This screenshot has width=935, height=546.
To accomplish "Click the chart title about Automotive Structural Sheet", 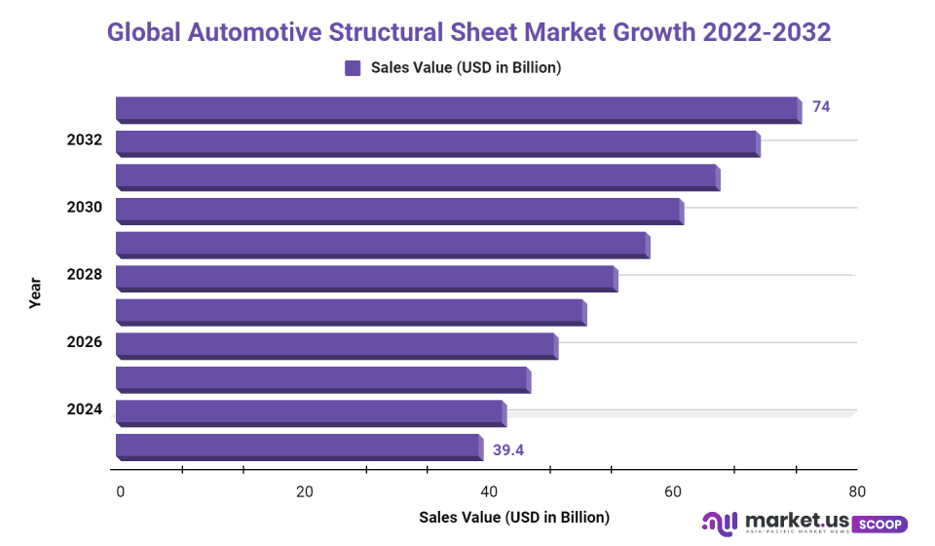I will pos(468,32).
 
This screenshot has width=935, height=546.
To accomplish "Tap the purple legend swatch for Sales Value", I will pos(353,67).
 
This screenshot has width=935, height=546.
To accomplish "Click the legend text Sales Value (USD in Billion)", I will pos(466,67).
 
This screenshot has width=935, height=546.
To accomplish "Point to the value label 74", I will pos(821,107).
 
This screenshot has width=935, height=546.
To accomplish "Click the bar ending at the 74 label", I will pos(458,108).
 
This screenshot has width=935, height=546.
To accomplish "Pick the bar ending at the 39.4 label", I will pos(298,447).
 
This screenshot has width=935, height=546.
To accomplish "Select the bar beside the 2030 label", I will pos(399,210).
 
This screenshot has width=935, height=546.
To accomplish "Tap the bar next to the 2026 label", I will pos(336,344).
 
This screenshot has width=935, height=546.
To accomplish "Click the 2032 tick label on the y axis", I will pos(85,140).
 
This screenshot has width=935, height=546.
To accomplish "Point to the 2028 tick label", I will pos(85,275).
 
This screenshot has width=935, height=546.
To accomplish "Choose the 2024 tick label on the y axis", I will pos(85,409).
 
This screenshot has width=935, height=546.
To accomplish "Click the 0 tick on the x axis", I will pos(120,491).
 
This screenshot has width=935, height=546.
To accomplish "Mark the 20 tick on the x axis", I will pos(304,491).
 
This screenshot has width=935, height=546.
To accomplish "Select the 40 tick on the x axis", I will pos(489,491).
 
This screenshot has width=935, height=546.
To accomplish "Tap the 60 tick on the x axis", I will pos(673,491).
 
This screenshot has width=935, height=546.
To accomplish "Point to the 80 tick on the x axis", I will pos(856,491).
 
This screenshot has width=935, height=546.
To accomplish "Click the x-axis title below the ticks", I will pos(513,517).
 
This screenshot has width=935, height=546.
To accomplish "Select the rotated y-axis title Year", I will pos(35,292).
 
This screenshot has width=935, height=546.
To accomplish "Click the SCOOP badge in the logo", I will pos(879,524).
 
